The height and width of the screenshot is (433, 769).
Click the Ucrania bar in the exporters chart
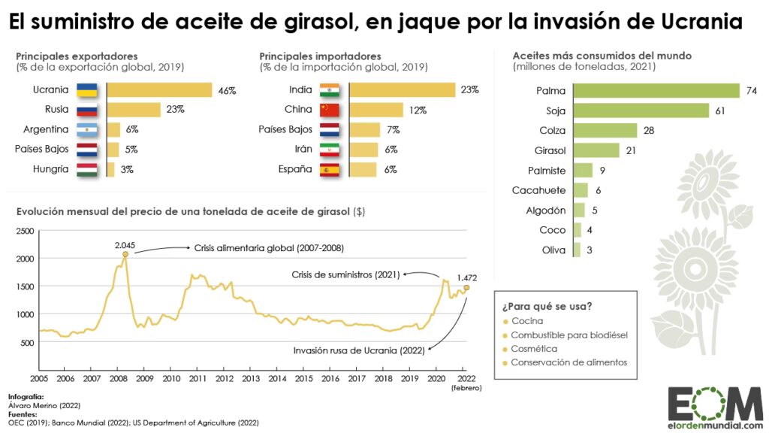[x=159, y=90]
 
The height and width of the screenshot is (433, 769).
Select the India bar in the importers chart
[x=403, y=90]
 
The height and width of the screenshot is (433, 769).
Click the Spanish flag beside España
[x=330, y=169]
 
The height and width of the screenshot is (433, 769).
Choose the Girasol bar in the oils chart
[x=596, y=150]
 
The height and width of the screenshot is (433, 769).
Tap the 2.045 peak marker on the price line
[x=125, y=255]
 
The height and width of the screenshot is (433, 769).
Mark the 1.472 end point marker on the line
[x=466, y=287]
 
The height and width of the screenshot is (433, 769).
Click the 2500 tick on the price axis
[x=26, y=231]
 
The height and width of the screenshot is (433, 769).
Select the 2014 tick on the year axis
[x=277, y=378]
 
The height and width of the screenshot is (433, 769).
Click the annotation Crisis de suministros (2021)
[x=345, y=274]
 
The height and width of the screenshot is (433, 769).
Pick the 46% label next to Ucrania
[x=227, y=90]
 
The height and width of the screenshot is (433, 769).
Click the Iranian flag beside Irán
[x=330, y=150]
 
